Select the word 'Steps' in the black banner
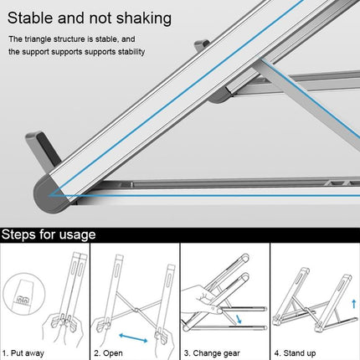click(23, 234)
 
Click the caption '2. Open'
click(109, 352)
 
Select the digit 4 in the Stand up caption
click(277, 352)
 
